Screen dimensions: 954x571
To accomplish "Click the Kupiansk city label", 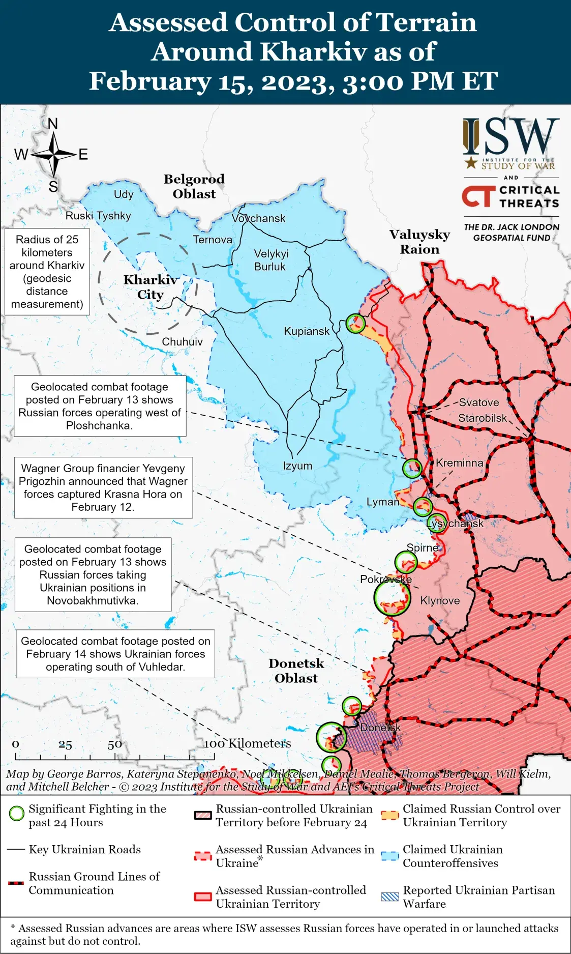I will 306,331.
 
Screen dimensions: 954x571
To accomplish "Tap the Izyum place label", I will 297,466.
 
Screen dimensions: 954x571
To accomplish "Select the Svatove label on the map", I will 478,402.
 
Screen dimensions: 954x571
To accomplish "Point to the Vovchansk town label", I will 258,218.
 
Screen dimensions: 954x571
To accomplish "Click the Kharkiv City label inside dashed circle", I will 151,287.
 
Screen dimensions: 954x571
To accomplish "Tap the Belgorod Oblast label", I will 194,186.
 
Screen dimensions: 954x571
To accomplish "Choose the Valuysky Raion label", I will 419,242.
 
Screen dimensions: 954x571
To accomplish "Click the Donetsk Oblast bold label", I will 296,671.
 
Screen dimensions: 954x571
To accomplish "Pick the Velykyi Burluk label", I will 271,260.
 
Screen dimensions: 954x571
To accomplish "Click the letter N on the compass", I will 53,124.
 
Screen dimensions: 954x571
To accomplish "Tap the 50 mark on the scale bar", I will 114,744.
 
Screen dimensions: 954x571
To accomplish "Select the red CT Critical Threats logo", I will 478,196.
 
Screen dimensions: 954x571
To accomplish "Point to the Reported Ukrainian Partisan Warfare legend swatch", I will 390,897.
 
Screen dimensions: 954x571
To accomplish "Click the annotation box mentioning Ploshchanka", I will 100,406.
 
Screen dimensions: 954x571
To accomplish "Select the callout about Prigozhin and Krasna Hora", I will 103,487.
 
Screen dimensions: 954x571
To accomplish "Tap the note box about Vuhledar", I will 115,654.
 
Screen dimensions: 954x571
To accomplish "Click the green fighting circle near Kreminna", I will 412,468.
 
